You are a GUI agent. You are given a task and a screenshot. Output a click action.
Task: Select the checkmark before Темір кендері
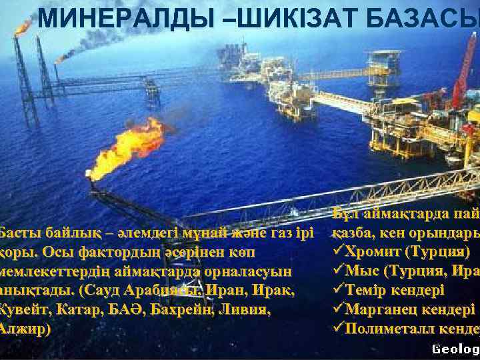(336, 291)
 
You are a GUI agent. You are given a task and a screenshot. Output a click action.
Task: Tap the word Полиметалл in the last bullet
(387, 329)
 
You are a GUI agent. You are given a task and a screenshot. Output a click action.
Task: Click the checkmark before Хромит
(336, 253)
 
